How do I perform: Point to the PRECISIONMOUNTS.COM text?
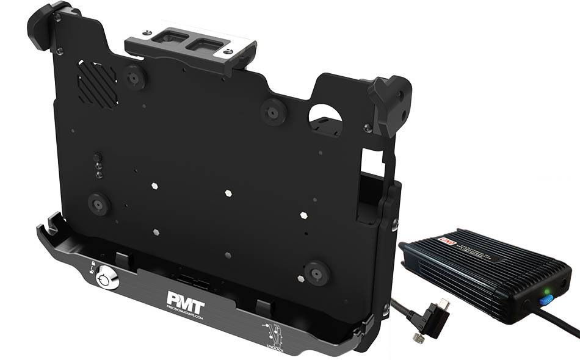point(186,311)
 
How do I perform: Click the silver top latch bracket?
point(190,48)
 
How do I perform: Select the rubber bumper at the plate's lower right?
point(317,272)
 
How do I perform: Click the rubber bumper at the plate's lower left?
point(98,203)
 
